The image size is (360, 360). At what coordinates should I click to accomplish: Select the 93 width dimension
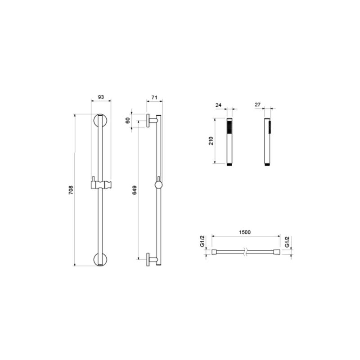(101, 97)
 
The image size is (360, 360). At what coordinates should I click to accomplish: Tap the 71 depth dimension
(154, 97)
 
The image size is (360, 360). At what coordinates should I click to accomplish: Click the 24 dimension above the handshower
(219, 105)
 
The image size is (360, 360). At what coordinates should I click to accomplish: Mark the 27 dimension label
(258, 105)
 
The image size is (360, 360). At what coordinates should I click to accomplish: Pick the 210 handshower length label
(211, 142)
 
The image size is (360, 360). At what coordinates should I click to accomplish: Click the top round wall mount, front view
(101, 121)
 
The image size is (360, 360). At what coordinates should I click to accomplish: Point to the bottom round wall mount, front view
(101, 260)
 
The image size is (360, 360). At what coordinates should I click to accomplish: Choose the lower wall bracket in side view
(152, 260)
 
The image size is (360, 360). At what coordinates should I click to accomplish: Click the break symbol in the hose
(245, 252)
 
